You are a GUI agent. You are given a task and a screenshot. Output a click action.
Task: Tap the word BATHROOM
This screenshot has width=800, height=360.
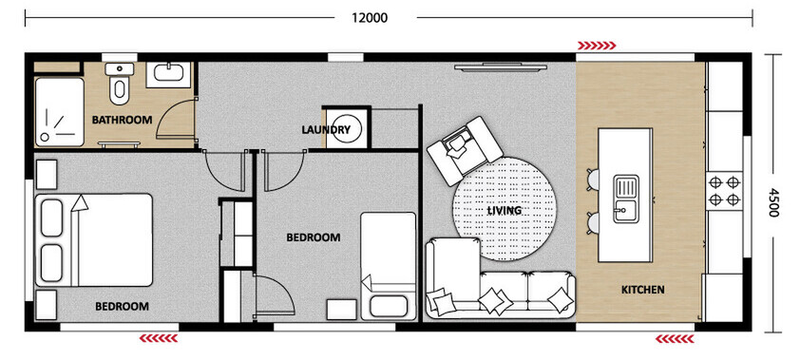click(122, 120)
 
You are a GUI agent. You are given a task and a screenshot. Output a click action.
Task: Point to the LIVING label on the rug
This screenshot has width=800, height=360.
click(504, 210)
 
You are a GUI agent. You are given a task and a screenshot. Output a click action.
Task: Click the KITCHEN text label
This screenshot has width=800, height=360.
click(642, 289)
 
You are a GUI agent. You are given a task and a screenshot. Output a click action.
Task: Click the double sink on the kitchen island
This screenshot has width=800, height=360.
click(626, 198)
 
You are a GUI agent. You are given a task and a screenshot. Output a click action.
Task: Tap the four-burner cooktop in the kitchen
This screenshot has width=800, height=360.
click(726, 190)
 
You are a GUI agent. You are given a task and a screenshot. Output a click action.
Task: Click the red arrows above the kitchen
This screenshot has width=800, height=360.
click(597, 44)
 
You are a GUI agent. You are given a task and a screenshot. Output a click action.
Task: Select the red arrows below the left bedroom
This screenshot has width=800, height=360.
click(159, 336)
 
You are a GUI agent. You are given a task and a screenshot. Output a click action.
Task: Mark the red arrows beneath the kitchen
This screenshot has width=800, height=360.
click(675, 336)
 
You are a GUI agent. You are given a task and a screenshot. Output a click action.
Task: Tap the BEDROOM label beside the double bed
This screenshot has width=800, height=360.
click(122, 306)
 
